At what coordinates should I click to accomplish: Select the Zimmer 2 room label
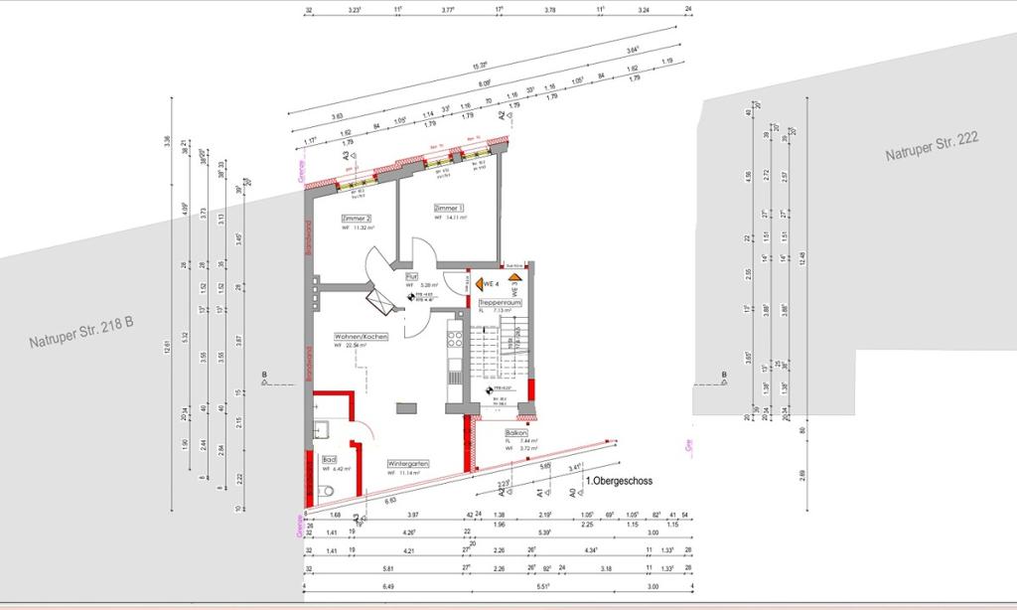pos(356,218)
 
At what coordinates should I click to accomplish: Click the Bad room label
pos(329,459)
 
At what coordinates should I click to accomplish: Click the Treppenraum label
pos(500,301)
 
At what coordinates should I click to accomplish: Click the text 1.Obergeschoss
pos(619,482)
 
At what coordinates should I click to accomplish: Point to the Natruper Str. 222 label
pos(933,147)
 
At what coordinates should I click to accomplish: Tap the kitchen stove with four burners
pos(456,339)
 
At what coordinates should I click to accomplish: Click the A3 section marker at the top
pos(347,155)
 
